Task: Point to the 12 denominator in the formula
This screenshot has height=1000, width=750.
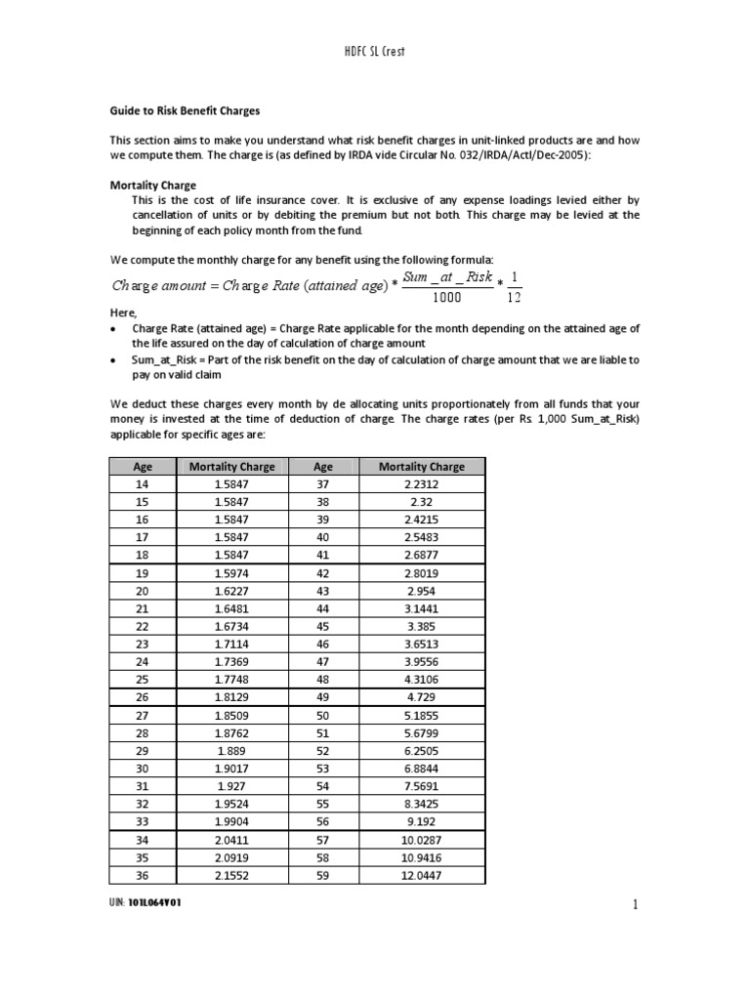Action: (515, 297)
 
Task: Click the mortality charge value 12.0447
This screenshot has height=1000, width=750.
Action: (421, 875)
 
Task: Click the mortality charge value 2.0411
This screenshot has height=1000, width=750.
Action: (231, 840)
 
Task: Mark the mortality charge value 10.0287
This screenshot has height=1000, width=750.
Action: (421, 840)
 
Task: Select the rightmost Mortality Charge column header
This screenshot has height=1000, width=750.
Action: (421, 466)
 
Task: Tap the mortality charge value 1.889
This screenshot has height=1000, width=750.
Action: (231, 752)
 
